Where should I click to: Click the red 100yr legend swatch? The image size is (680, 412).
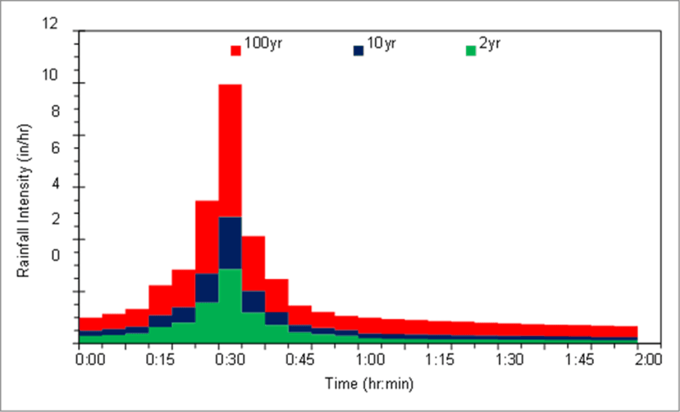pos(235,51)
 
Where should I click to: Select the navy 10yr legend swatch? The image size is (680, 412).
pos(358,51)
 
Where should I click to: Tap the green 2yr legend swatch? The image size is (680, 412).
pos(471,51)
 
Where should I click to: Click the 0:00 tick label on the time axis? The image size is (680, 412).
pos(90,359)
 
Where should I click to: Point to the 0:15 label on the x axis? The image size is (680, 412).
pos(161,359)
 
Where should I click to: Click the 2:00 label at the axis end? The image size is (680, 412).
pos(647,359)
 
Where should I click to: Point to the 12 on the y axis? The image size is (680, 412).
pos(50,24)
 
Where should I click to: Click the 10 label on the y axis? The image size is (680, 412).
pos(50,75)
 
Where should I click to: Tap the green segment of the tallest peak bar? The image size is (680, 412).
pos(230,306)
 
